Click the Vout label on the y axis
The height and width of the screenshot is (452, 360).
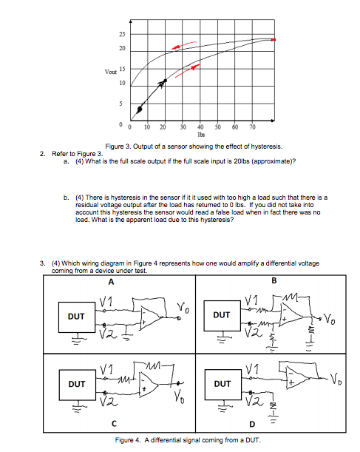[x=110, y=72]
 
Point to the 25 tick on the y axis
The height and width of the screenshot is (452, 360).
[x=121, y=36]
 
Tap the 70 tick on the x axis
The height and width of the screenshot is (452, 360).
[x=252, y=128]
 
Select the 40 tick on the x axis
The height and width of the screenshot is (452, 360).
[x=200, y=128]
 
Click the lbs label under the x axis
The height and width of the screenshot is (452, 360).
[x=201, y=135]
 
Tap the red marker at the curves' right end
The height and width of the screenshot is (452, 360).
[x=274, y=39]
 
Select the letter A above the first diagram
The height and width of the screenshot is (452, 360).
[x=112, y=280]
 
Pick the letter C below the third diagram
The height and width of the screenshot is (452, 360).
[x=112, y=425]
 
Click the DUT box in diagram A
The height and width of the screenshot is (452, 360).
[x=75, y=314]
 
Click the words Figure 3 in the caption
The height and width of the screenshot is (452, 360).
[x=118, y=146]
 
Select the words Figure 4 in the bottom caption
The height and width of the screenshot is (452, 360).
[x=129, y=440]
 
